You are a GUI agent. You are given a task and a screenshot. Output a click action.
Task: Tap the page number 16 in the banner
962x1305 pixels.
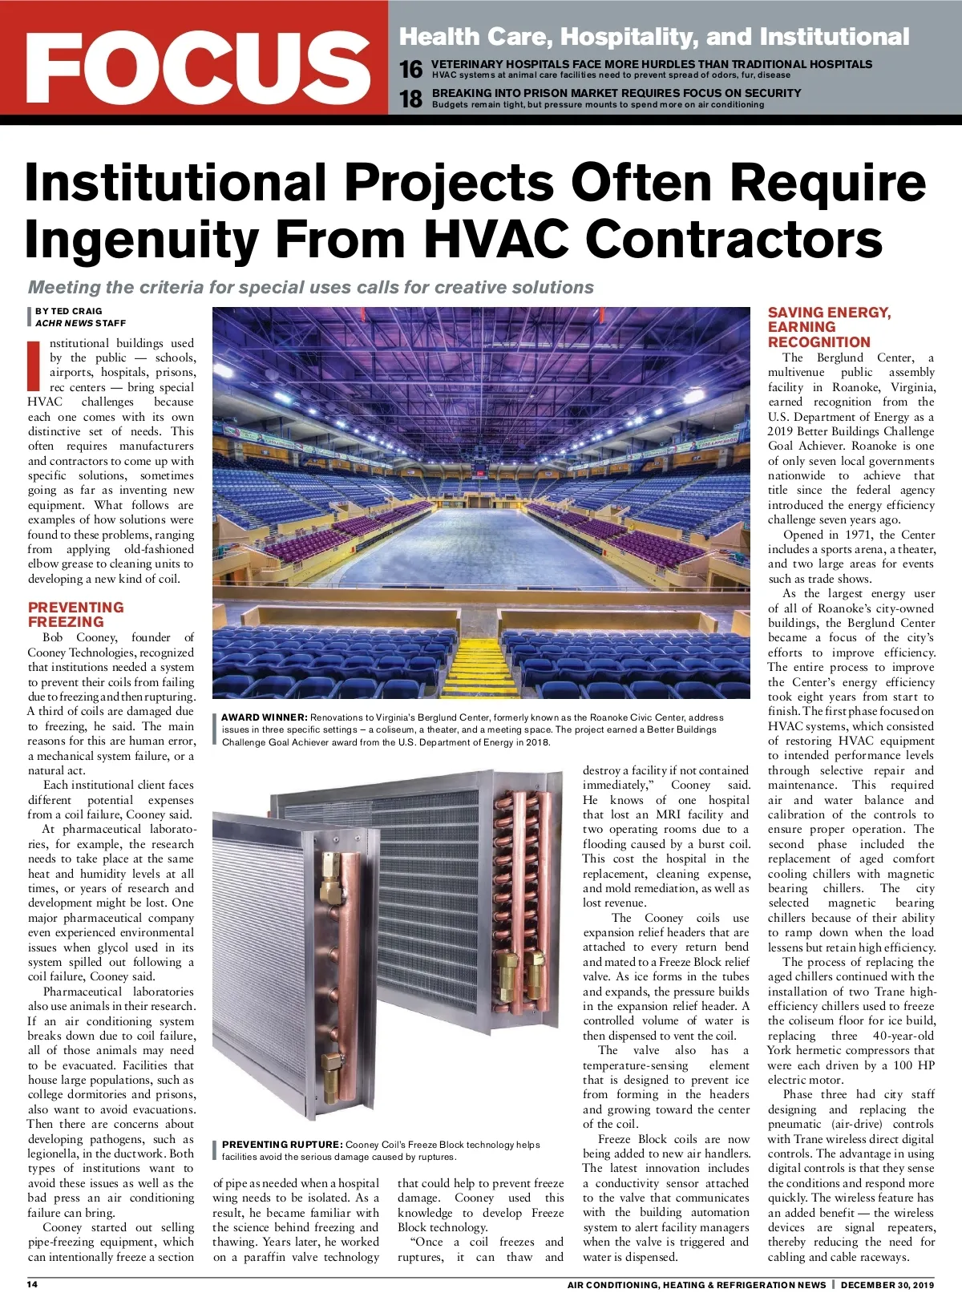pos(410,70)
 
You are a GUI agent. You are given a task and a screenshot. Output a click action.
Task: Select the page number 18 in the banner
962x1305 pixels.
pos(410,99)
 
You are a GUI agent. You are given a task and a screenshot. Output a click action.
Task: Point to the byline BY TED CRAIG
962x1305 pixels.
pos(68,311)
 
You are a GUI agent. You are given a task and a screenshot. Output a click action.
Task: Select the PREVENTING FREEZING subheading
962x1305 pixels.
pos(75,614)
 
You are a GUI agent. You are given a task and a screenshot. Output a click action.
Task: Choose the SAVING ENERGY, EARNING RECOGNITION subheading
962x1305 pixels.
pos(829,326)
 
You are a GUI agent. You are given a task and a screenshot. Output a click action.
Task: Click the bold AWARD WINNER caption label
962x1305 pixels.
pos(264,717)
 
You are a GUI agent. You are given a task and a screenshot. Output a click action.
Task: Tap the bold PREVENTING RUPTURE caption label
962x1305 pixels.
pos(282,1145)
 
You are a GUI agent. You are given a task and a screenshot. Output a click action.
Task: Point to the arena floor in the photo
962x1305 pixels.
pos(481,553)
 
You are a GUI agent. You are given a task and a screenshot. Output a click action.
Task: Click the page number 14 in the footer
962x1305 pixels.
pos(33,1284)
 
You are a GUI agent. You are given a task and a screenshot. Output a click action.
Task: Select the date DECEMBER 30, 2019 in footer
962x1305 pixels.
pos(888,1285)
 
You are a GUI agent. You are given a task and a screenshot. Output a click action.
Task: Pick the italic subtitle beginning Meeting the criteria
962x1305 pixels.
pos(311,287)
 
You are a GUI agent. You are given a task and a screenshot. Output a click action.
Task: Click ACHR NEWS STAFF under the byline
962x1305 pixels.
pos(80,323)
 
